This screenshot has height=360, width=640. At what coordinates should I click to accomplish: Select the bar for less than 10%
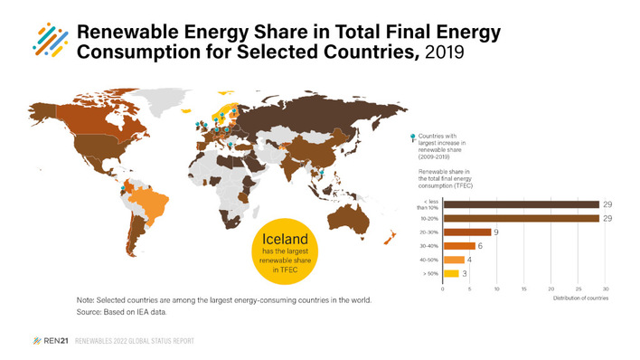(520, 204)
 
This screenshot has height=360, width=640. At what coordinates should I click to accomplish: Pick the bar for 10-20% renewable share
(520, 218)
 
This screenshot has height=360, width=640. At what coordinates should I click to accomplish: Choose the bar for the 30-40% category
(458, 245)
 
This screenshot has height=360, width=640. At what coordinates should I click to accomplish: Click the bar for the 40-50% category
(453, 260)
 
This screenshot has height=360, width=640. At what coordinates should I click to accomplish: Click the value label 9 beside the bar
(497, 232)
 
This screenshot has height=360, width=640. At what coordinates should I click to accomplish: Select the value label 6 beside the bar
(481, 246)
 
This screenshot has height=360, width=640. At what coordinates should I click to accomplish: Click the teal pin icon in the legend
(413, 136)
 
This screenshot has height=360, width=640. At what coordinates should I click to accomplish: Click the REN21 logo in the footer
(48, 341)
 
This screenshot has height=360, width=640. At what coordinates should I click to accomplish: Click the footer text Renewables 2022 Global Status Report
(136, 341)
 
